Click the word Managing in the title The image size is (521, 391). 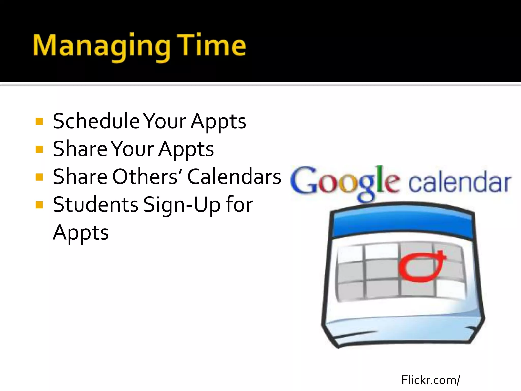102,46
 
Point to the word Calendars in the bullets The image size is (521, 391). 234,176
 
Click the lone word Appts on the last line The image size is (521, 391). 81,232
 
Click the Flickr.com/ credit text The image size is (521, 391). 430,380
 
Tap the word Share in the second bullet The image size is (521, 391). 80,149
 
